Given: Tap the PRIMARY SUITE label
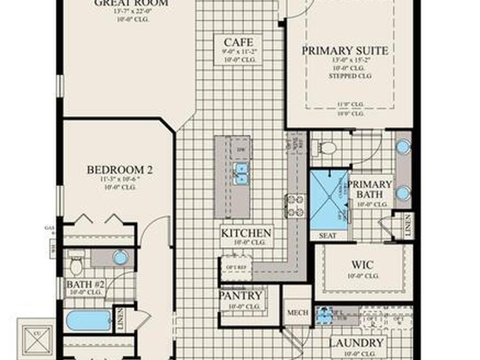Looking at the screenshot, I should [345, 51].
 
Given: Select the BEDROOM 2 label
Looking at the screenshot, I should [120, 170].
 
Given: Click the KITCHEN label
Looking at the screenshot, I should [246, 233].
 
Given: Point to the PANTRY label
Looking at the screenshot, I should [241, 296].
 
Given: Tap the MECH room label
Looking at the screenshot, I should [298, 313].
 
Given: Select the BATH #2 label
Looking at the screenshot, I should [86, 284].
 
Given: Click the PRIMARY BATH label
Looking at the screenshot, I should [369, 189].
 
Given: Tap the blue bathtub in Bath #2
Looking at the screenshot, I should [89, 321].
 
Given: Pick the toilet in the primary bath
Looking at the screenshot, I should [328, 148].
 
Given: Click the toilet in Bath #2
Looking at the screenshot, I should [76, 265].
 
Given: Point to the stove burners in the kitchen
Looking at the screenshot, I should [296, 206].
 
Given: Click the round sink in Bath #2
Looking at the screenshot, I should [120, 257].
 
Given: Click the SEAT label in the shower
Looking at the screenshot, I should [328, 236].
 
